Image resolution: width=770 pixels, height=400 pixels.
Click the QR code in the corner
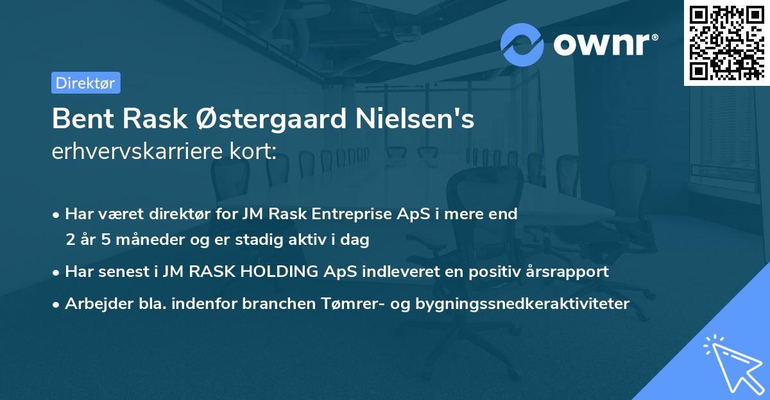point(726,42)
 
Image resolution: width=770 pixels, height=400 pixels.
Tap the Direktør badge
point(85,83)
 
